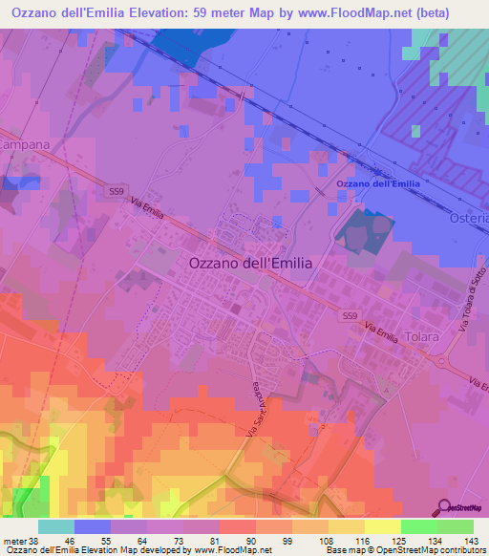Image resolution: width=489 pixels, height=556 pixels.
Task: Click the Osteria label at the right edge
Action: [x=468, y=219]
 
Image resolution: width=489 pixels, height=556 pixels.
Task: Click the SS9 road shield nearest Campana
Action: [x=117, y=192]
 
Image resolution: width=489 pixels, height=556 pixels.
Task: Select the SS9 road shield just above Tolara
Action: [x=351, y=314]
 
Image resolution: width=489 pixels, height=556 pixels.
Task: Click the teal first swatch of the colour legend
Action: [x=56, y=526]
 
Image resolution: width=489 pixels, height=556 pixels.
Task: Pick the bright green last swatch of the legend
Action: [x=455, y=526]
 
